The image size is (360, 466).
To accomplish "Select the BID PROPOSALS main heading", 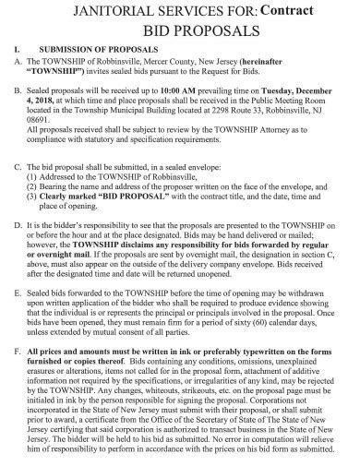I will click(x=179, y=30).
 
